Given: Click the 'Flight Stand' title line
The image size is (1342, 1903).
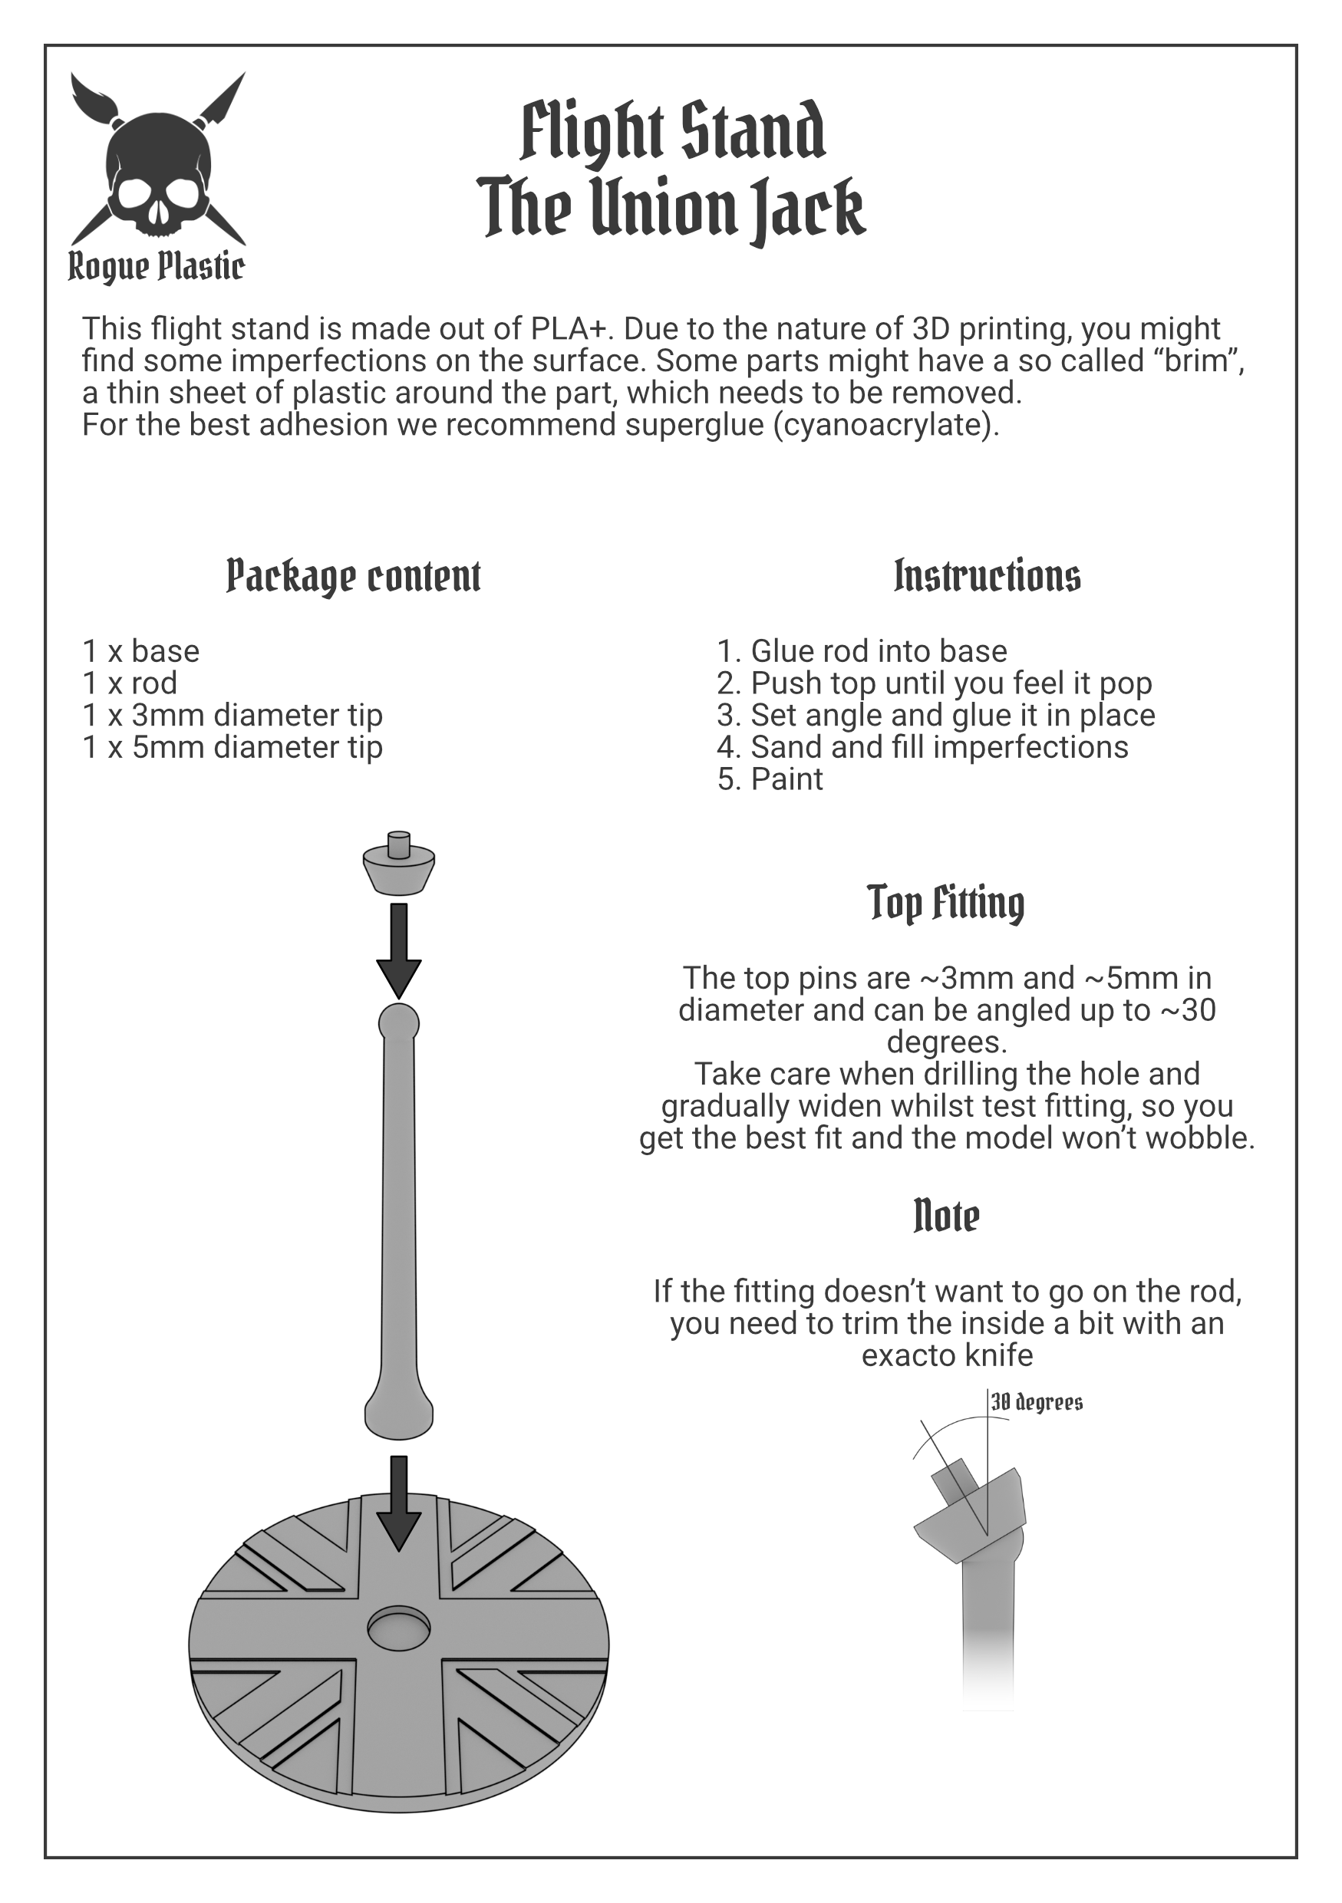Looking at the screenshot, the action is pos(672,133).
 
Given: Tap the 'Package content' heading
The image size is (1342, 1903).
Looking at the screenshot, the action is pos(353,576).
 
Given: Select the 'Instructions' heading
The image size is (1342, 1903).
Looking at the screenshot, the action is pos(988,576).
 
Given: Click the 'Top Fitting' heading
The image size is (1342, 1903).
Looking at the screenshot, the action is pos(946,903).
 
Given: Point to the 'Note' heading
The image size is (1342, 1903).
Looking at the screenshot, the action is pos(946,1216).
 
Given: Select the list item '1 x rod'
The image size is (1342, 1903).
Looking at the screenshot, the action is pos(130,683).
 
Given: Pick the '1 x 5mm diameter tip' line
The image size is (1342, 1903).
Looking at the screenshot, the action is pos(233,747).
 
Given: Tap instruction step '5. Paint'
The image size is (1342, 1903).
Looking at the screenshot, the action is pos(770,779).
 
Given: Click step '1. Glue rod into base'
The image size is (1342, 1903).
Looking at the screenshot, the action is pos(862,651).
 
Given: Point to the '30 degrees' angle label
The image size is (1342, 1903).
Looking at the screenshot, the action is pos(1037,1402).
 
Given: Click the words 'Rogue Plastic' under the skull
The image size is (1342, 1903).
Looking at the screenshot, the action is pos(156,267).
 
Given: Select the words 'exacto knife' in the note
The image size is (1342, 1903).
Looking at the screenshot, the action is pos(948,1355).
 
